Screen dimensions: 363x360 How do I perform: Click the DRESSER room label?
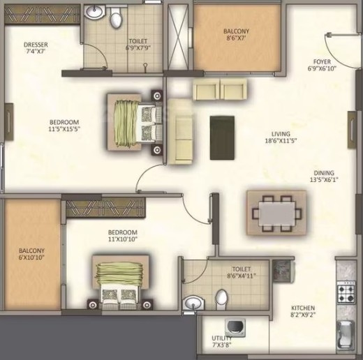click(36, 45)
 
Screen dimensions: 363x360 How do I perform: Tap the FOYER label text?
click(322, 61)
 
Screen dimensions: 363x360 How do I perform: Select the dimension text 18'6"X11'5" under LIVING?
click(281, 141)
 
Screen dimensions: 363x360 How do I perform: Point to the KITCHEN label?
click(303, 308)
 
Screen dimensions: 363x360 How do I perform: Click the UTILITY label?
click(222, 338)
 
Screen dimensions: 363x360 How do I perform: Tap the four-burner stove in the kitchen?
click(346, 292)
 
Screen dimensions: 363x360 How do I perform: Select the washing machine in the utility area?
click(235, 327)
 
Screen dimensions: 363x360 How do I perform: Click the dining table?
click(276, 213)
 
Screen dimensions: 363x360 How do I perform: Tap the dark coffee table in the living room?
click(222, 138)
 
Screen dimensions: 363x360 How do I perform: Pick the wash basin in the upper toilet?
click(94, 12)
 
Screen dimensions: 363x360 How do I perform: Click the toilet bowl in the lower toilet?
click(221, 299)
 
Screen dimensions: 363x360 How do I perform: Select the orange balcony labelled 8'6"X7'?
click(237, 38)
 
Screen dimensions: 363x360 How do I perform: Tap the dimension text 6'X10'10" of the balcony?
click(31, 257)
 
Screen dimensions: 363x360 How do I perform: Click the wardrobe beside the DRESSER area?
click(42, 14)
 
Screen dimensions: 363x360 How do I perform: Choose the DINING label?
click(324, 173)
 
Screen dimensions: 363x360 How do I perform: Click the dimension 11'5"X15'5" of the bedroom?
click(64, 129)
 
